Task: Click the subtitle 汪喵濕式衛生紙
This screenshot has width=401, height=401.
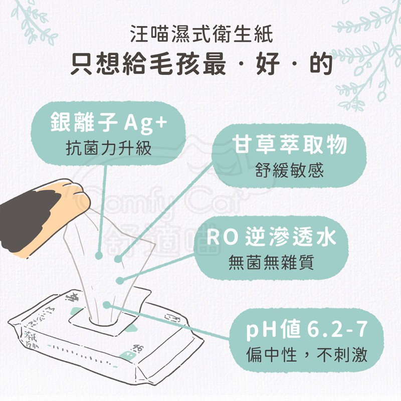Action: pos(202,34)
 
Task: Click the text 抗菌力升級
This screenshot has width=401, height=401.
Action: pos(109,148)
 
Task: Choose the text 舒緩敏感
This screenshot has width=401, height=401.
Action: pos(290,170)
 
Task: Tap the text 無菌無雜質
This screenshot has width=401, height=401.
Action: pos(271,262)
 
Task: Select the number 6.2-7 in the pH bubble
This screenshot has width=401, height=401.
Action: pos(337,330)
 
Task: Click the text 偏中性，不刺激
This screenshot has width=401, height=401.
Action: pos(307,355)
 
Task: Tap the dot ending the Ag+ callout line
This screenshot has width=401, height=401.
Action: pos(99,255)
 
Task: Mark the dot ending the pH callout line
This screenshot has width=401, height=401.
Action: pos(107,305)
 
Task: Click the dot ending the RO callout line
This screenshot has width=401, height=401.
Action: pos(119,281)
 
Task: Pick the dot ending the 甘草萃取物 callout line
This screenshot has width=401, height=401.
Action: pos(118,259)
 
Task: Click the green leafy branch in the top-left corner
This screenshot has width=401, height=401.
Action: pos(33,21)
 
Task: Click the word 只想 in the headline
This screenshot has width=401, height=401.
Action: pos(95,64)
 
